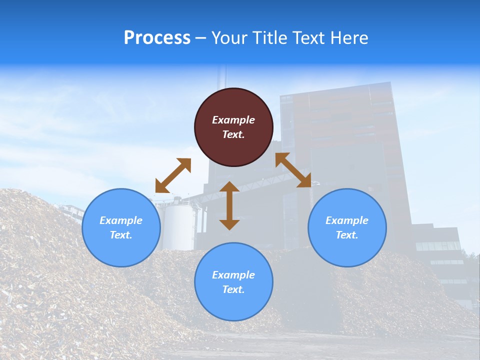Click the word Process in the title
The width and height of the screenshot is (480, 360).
157,38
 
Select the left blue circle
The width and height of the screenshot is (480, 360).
121,227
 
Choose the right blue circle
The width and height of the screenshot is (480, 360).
347,227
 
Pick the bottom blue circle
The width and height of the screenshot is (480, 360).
233,281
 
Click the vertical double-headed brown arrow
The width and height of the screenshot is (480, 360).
229,205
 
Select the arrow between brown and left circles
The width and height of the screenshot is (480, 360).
173,175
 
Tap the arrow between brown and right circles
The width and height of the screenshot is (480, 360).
293,170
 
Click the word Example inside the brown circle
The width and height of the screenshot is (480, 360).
233,120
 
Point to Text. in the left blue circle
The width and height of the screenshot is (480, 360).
121,235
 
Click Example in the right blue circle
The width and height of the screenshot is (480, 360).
347,220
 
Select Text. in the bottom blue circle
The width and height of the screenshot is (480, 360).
233,289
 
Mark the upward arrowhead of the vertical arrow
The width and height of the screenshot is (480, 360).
229,187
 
